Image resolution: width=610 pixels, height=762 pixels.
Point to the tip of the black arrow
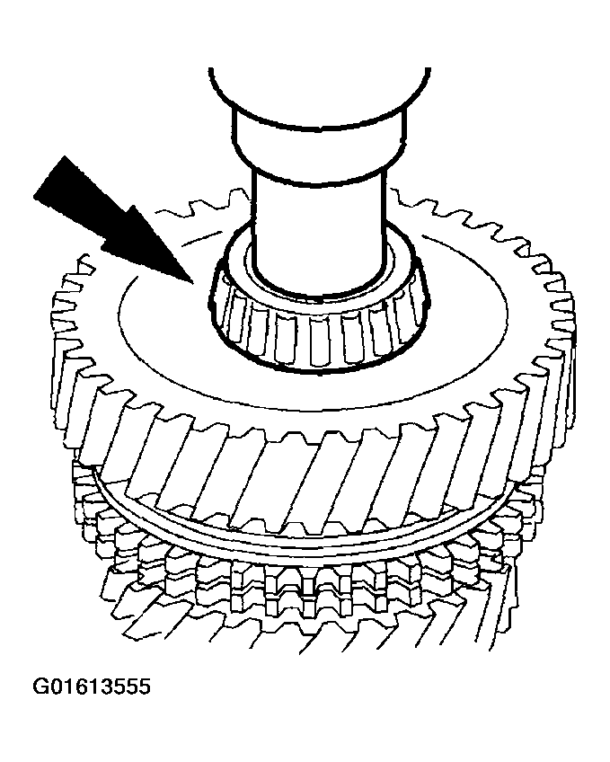(x=193, y=283)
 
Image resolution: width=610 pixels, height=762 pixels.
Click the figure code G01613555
(x=92, y=687)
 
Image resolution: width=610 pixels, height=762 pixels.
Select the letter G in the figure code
(x=40, y=687)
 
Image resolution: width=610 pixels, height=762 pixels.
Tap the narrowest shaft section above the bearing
(x=320, y=228)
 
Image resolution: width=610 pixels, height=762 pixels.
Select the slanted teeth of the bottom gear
(x=311, y=627)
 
